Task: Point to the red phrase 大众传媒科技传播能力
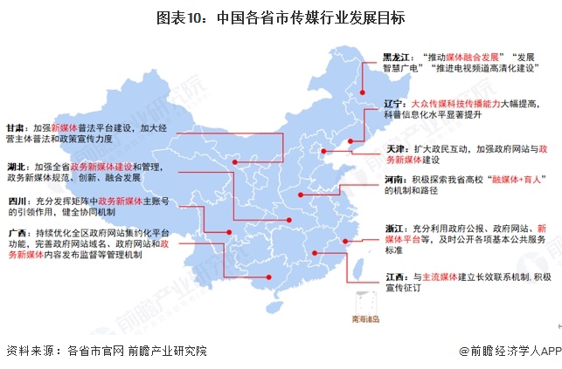(455, 102)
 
